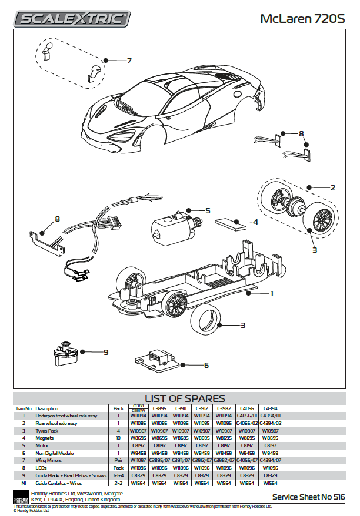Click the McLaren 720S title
click(x=304, y=19)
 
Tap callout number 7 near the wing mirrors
click(x=129, y=61)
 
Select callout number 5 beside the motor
click(x=208, y=210)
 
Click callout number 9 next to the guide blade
click(x=106, y=352)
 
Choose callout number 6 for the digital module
click(x=206, y=365)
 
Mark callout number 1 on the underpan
click(x=271, y=293)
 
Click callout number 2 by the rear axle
click(x=332, y=188)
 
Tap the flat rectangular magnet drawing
click(x=231, y=224)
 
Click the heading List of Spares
click(x=185, y=398)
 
